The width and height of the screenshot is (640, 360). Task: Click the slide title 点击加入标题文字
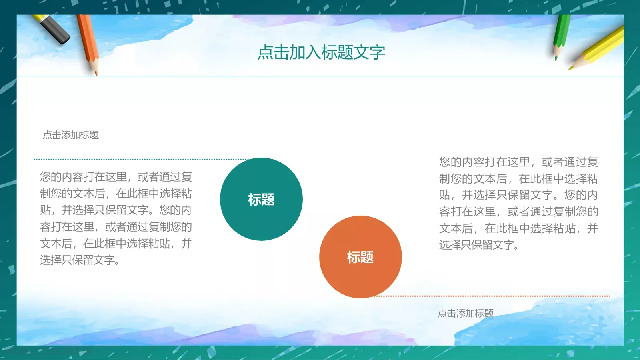tap(321, 52)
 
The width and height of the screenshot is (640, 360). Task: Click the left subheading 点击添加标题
tap(71, 135)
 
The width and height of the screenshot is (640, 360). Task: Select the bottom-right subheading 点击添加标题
tap(466, 313)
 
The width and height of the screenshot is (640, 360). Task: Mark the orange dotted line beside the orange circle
tap(492, 296)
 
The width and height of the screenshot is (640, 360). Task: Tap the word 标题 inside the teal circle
tap(261, 199)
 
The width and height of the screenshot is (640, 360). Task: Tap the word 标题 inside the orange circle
tap(360, 257)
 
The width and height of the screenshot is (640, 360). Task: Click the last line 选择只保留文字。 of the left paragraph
tap(80, 260)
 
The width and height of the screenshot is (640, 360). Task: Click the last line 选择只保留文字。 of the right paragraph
tap(479, 245)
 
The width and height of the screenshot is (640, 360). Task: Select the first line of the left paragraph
tap(116, 177)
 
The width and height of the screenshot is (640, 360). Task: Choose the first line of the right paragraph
tap(518, 162)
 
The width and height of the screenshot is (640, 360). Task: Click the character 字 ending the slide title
tap(377, 52)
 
